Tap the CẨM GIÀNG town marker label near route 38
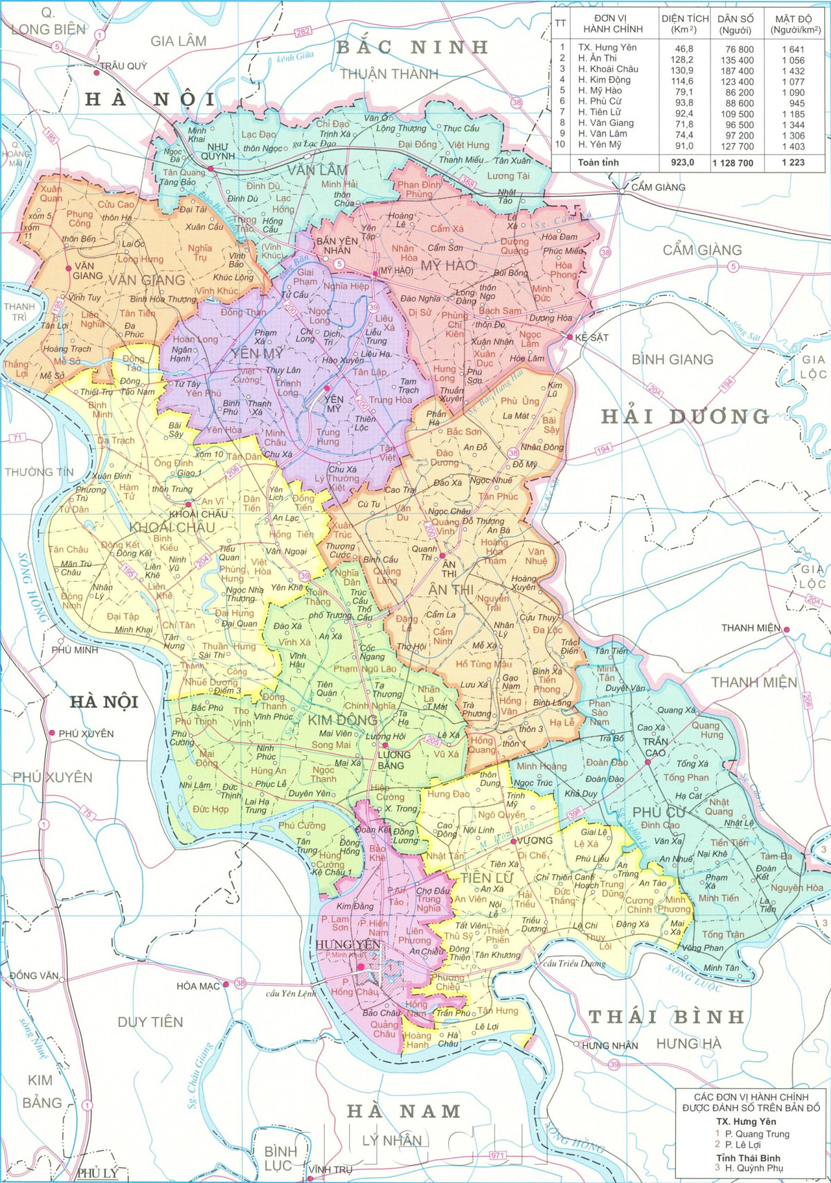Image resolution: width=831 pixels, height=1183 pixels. coord(658,187)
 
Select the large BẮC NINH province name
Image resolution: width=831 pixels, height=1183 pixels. coord(413,48)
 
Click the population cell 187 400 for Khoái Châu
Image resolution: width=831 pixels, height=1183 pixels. coord(735,71)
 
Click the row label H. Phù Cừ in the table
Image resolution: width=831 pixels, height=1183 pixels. coord(600,101)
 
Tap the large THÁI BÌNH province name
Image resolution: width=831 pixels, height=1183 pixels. coord(666,1017)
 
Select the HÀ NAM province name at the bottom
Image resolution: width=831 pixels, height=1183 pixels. coord(404,1112)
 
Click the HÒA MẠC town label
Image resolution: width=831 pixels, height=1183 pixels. coord(198,986)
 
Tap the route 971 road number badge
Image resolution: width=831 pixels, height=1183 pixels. coord(497,1156)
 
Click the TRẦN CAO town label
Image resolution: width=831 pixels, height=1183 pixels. coord(654,747)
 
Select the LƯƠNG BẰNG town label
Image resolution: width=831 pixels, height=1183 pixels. coord(391,760)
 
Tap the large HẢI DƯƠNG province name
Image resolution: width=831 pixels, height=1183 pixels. coord(685,416)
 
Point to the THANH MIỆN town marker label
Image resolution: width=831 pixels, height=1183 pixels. coord(751,628)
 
